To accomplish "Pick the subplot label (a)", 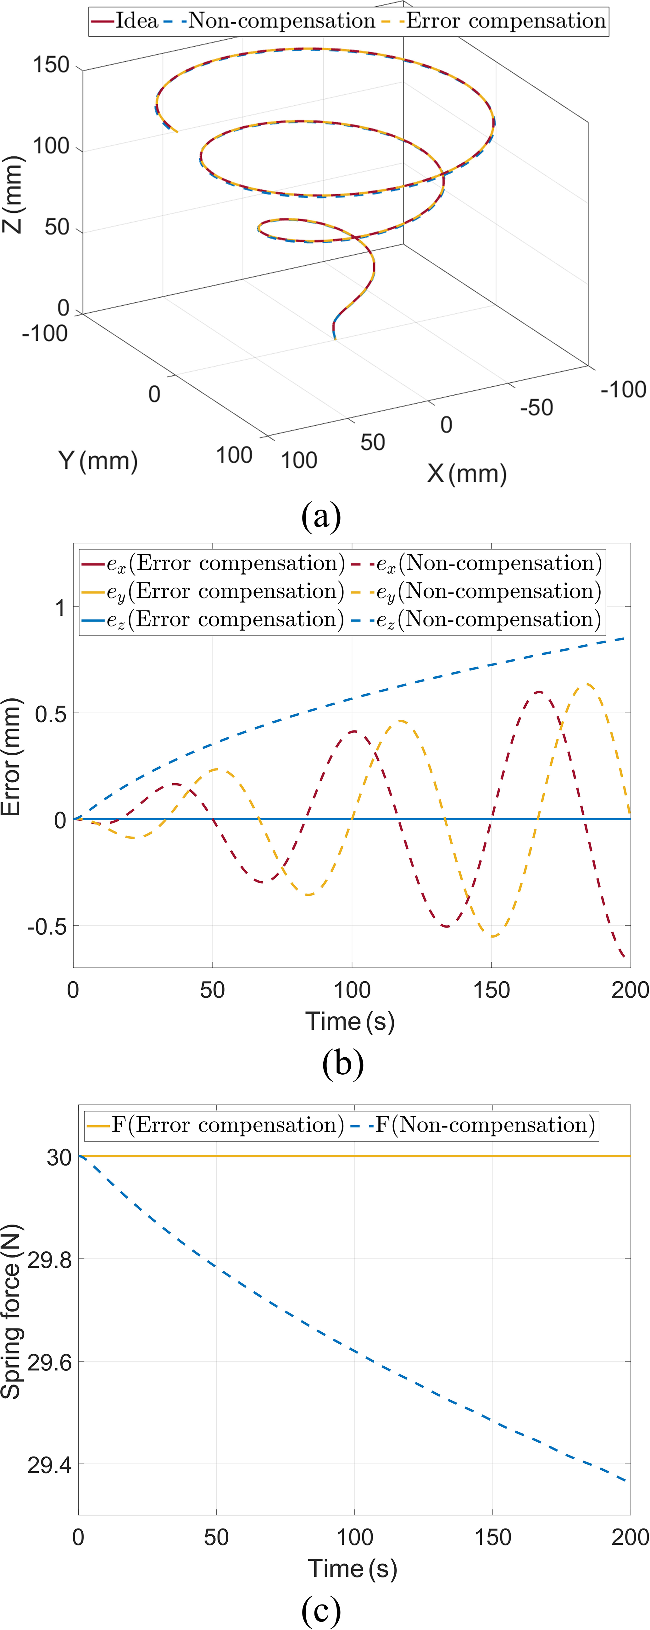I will pyautogui.click(x=321, y=516).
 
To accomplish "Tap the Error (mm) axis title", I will pyautogui.click(x=11, y=756).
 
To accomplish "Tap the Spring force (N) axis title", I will pyautogui.click(x=11, y=1312).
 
